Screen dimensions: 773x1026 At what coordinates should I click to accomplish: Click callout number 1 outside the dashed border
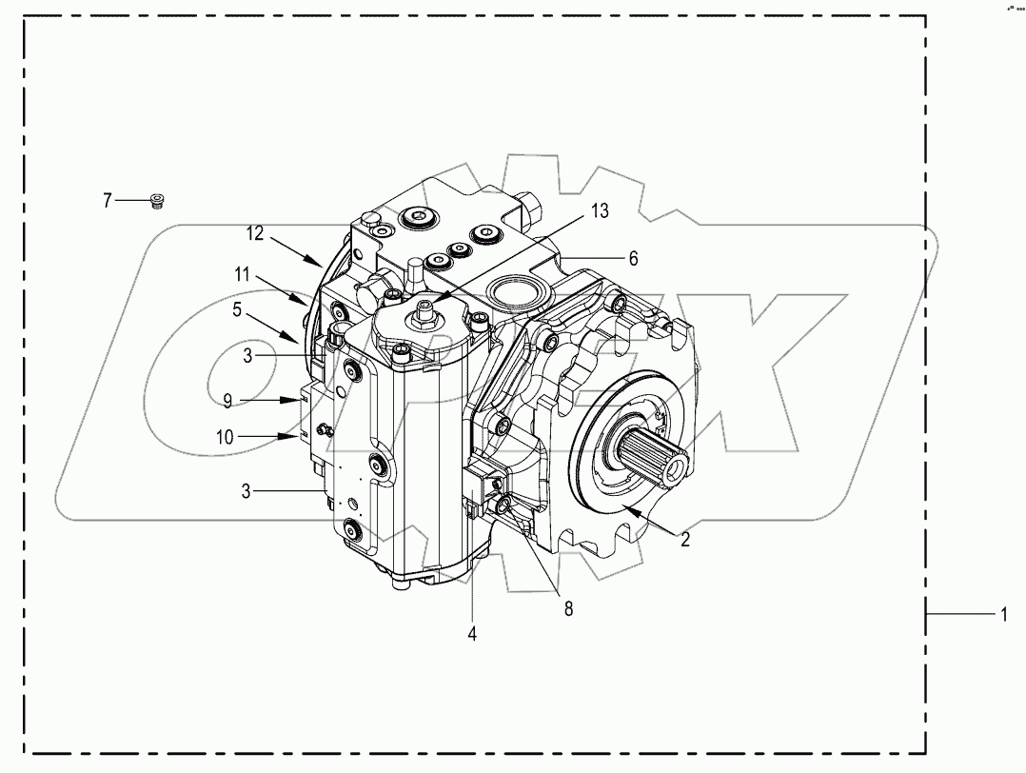click(1001, 616)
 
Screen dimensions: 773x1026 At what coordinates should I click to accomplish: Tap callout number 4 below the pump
click(472, 630)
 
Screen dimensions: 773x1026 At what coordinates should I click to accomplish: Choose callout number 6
click(633, 258)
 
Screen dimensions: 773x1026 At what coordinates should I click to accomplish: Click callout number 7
click(108, 200)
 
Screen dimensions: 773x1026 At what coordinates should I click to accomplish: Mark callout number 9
click(227, 400)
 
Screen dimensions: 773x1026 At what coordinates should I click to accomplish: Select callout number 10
click(225, 437)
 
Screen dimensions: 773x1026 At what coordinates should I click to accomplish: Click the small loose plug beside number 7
click(157, 200)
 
